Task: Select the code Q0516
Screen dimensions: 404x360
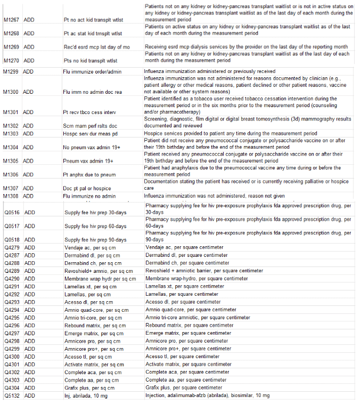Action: [12, 212]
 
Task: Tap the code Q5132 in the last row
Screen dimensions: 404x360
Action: [12, 395]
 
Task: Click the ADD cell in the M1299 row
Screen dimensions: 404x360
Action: [29, 71]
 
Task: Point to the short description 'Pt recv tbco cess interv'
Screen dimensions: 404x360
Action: [88, 112]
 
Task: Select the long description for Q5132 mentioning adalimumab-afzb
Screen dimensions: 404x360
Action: [207, 395]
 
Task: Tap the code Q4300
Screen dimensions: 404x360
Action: [12, 357]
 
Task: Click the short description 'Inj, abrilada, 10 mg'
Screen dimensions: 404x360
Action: [87, 395]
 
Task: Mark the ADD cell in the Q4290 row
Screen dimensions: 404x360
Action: [29, 278]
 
